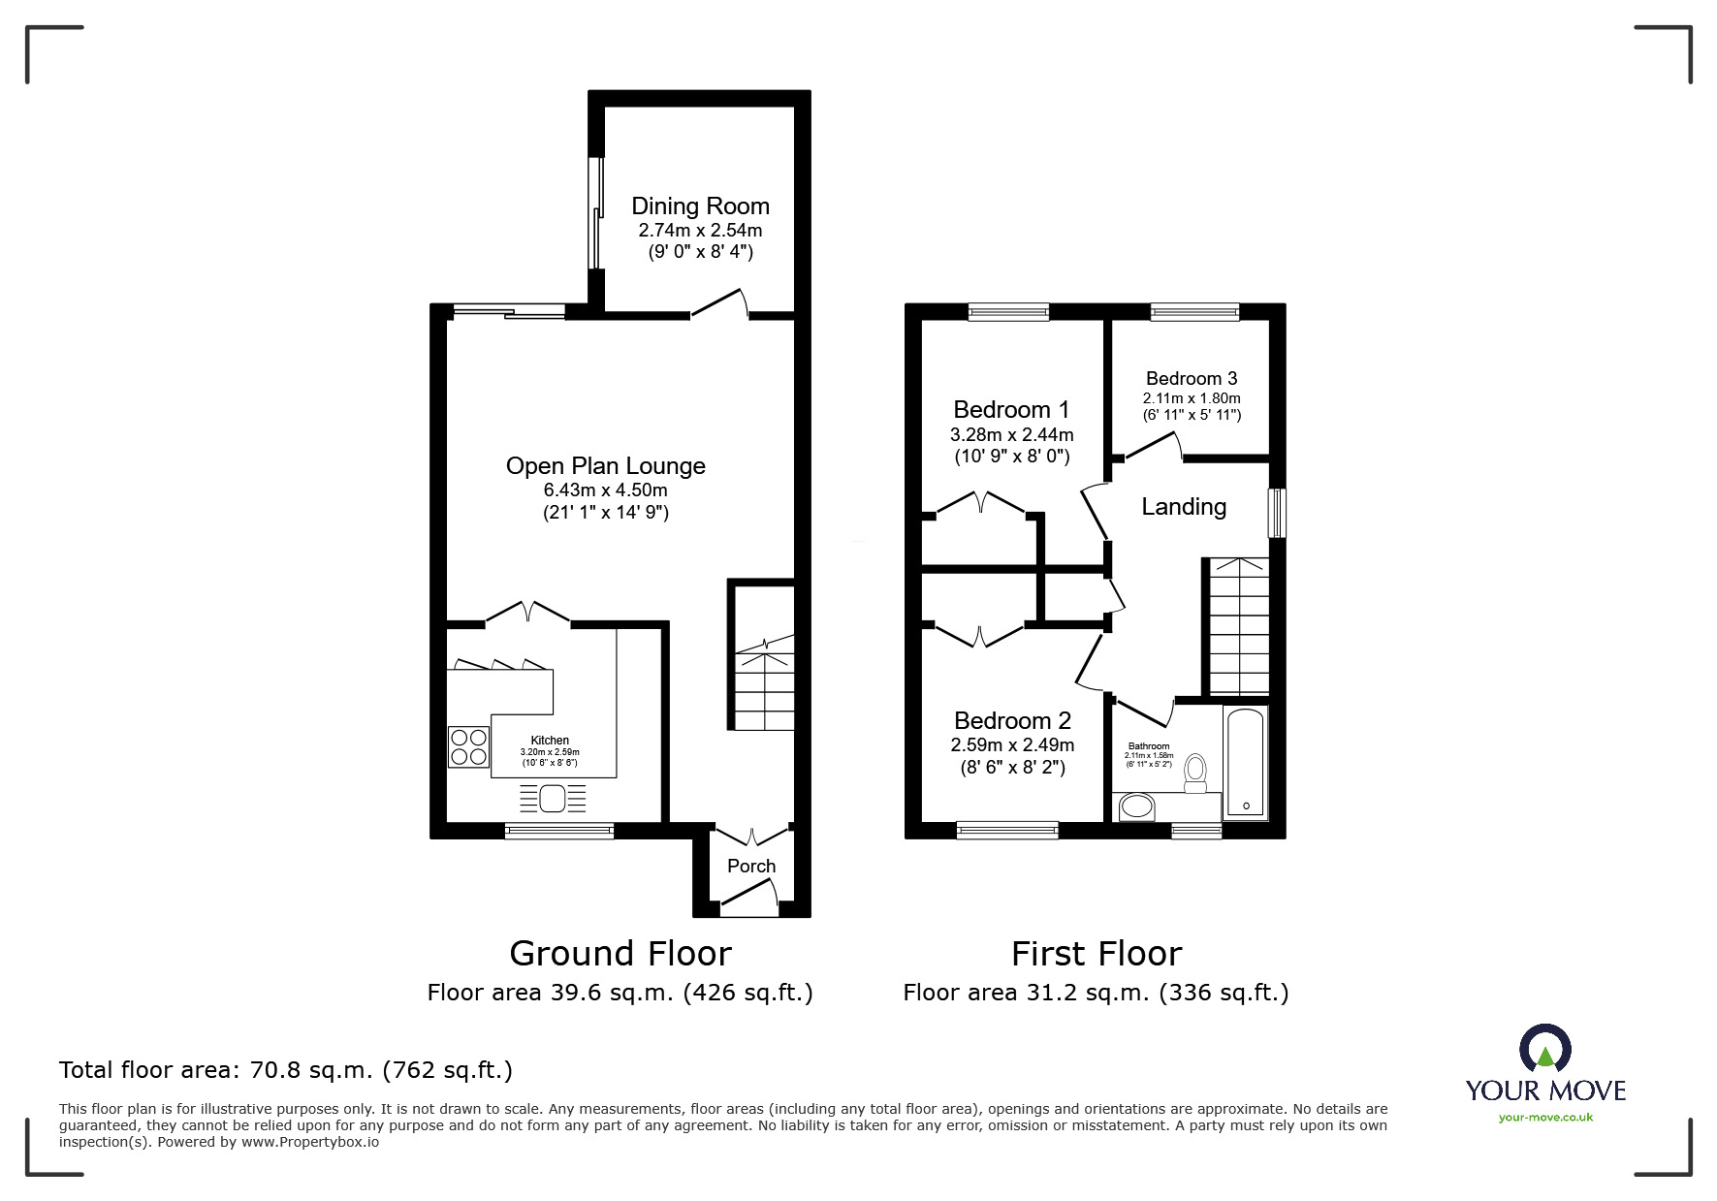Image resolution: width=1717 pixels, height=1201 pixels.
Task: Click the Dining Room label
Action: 700,205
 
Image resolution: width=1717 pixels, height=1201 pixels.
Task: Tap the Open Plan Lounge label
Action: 606,466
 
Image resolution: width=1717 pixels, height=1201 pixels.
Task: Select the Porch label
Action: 751,866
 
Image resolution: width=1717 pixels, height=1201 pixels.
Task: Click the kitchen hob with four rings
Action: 469,747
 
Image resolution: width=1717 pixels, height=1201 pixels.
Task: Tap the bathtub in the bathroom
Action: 1246,763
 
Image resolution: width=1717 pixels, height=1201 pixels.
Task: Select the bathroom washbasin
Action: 1136,806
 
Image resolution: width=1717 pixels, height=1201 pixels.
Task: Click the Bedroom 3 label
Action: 1192,378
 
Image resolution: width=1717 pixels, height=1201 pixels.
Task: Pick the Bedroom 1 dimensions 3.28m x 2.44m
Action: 1013,435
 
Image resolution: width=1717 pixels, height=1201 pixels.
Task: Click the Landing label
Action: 1184,506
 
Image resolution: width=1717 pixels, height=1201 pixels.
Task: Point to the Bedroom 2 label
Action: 1012,720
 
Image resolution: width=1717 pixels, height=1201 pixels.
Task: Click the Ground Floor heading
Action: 620,954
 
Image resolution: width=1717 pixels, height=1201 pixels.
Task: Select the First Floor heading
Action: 1097,954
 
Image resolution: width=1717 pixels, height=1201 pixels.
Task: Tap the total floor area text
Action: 286,1070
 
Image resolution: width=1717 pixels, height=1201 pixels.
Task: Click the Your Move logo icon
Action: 1545,1048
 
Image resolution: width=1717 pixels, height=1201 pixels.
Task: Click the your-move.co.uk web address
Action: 1545,1118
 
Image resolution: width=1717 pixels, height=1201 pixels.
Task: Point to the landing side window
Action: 1279,513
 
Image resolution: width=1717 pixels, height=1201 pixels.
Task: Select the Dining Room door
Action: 718,302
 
